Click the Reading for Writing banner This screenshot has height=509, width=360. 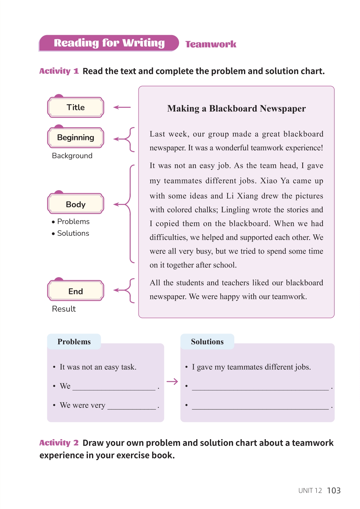coord(109,43)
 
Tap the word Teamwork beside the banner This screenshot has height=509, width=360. coord(211,44)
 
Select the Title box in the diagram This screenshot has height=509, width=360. coord(76,107)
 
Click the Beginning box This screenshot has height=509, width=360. coord(76,138)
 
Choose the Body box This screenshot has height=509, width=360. coord(76,204)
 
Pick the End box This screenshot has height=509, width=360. coord(76,291)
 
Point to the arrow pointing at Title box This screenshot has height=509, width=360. coord(122,107)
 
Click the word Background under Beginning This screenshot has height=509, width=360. coord(72,156)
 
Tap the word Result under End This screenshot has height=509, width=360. coord(64,309)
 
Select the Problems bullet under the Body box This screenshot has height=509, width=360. coord(73,222)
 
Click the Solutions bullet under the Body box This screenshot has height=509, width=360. coord(73,233)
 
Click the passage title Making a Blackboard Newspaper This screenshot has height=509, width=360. coord(236,109)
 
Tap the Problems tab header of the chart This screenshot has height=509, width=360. coord(74,342)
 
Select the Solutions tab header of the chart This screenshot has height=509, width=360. coord(207,342)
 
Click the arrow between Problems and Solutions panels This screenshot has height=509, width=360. coord(172,382)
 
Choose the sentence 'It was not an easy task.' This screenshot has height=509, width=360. coord(98,367)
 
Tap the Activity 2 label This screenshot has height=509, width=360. coord(59,443)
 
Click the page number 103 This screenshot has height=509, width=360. coord(334,490)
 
